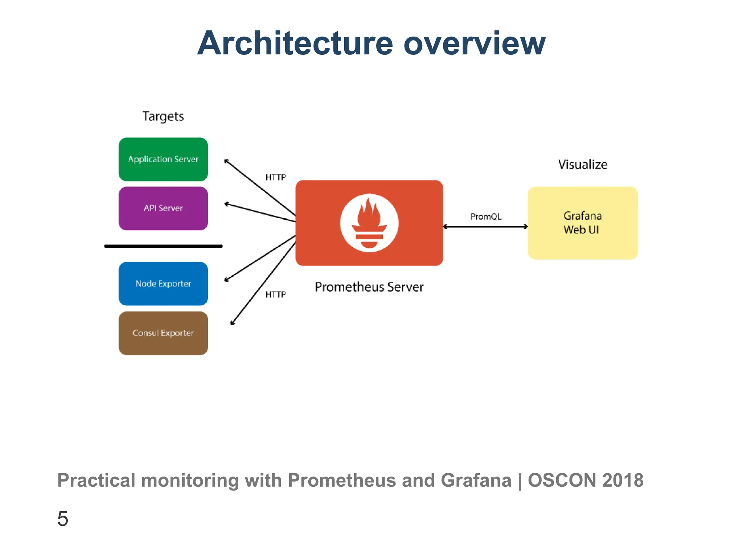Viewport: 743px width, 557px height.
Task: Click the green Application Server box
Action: coord(163,159)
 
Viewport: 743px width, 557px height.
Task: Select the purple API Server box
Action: coord(163,208)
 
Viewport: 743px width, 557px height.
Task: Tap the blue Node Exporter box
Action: coord(163,284)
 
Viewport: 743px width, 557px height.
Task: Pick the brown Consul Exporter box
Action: coord(163,333)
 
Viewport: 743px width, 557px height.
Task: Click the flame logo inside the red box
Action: coord(369,223)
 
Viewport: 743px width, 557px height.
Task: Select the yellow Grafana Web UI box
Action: coord(582,223)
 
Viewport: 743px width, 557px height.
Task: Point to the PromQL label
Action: coord(486,216)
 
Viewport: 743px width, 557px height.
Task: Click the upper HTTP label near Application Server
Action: coord(276,177)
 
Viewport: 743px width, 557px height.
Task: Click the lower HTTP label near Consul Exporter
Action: coord(276,294)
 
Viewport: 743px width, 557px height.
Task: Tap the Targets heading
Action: coord(163,116)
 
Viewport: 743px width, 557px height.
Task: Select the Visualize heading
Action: coord(582,164)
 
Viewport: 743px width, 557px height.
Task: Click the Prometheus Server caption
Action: coord(369,287)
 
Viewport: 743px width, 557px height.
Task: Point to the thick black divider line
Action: coord(163,246)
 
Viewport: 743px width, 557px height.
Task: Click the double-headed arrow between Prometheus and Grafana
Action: coord(485,227)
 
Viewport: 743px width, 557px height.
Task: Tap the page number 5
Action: coord(63,518)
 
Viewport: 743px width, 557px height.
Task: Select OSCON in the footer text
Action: coord(562,480)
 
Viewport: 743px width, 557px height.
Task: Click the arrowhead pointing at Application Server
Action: coord(226,161)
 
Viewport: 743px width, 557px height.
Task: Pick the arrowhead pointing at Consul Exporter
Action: coord(232,323)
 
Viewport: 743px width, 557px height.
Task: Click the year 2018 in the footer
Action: coord(623,480)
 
